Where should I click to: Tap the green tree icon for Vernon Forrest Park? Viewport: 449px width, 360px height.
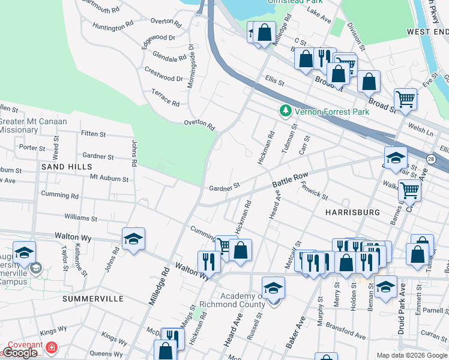point(286,111)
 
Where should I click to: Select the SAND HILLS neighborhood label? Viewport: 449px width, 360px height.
point(67,166)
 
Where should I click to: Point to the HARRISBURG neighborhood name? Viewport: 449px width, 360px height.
point(352,212)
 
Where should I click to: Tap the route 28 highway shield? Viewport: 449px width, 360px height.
point(431,159)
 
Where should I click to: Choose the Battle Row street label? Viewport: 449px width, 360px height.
point(290,178)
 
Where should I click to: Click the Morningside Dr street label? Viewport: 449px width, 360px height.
point(190,66)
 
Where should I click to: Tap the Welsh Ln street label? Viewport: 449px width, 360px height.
point(421,130)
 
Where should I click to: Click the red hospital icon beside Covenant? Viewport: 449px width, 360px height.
point(52,347)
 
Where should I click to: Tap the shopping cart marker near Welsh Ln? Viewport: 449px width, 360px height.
point(406,100)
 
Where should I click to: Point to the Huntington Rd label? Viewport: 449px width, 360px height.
point(113,26)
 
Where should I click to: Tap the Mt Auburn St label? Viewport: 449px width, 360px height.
point(109,178)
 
